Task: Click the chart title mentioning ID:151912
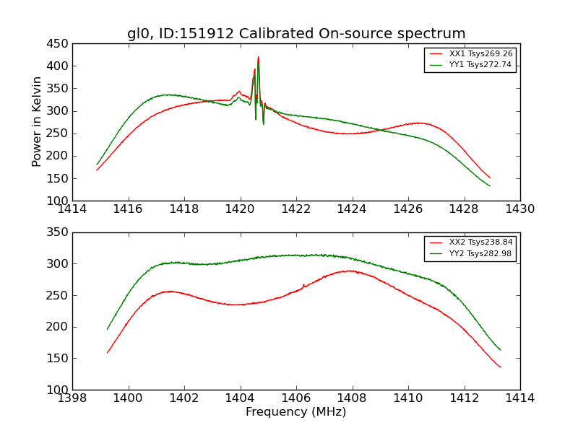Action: [x=296, y=34]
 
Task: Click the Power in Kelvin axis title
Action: [x=38, y=122]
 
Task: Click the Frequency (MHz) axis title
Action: [x=296, y=412]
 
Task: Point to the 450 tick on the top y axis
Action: [x=58, y=43]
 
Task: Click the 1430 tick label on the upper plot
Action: [x=520, y=209]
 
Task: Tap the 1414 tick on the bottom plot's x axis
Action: [x=520, y=398]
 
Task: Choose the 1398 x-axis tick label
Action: [x=72, y=398]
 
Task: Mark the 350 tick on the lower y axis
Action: [x=58, y=232]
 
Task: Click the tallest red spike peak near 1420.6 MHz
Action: [x=258, y=58]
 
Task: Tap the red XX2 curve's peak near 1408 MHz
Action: [x=351, y=271]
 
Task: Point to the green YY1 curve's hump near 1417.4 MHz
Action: [x=167, y=95]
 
